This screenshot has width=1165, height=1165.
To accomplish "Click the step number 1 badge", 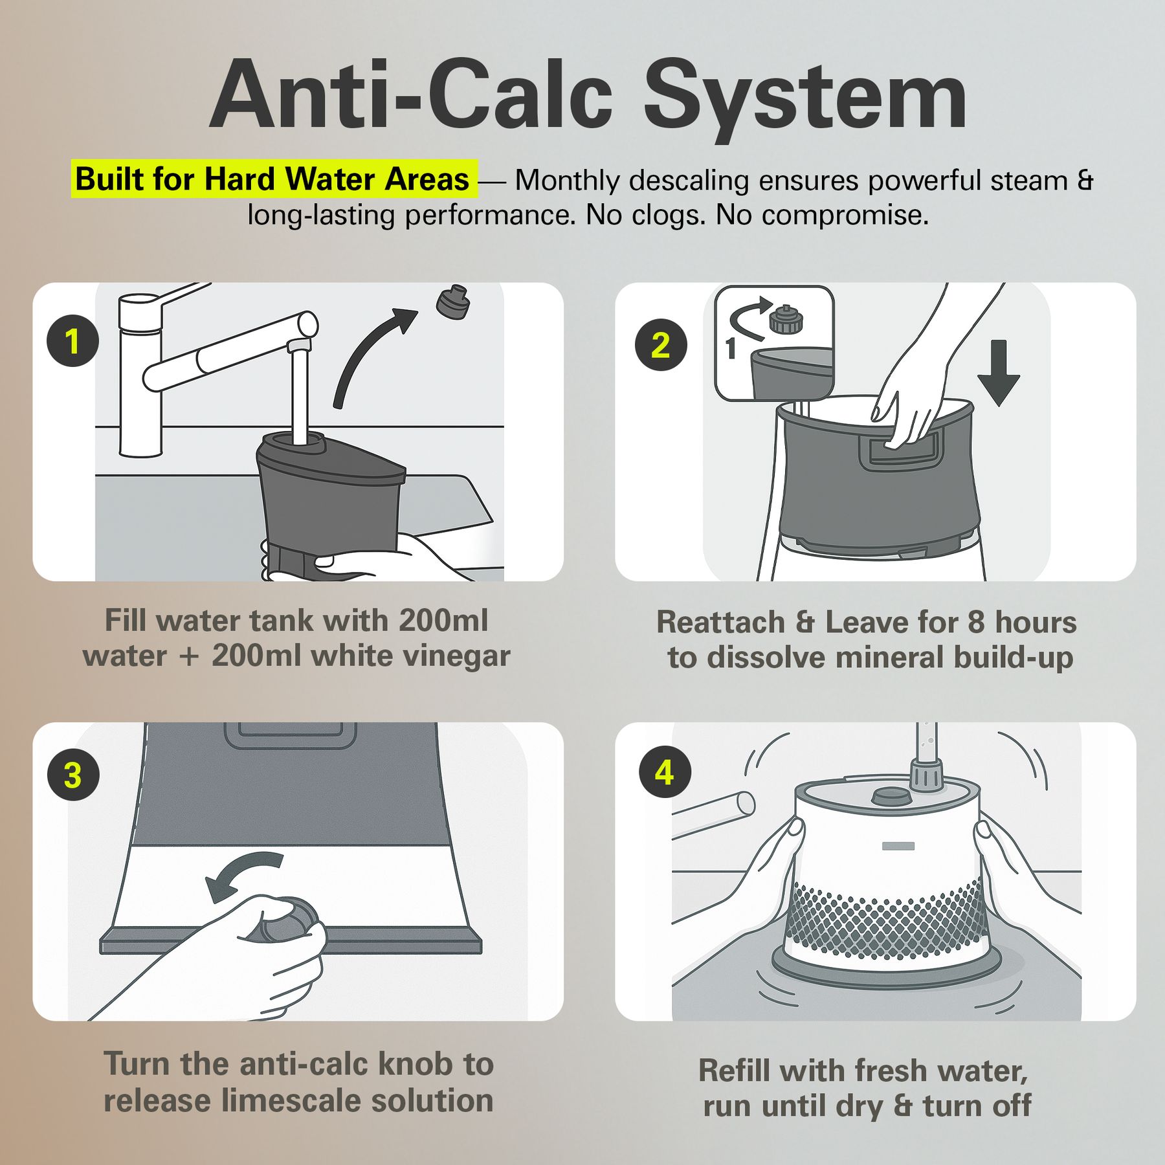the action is point(72,341).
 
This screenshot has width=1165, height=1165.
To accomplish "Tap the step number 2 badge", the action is point(661,345).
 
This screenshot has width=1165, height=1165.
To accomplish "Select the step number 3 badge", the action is point(73,775).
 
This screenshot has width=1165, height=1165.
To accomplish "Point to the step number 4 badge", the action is point(665,772).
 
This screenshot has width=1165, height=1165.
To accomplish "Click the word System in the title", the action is point(805,96).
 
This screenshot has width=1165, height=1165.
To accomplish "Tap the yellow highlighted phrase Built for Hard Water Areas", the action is point(273,179).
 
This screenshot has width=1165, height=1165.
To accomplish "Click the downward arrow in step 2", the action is point(999,373).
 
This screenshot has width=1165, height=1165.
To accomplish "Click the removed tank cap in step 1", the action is point(452,302).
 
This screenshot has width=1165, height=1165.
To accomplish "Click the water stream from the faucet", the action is point(299,395).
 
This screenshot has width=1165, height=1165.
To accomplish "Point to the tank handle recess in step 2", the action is point(900,450).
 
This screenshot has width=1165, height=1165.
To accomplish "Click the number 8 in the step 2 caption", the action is point(975,623).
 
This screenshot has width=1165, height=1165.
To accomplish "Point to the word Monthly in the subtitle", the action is point(567,181).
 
